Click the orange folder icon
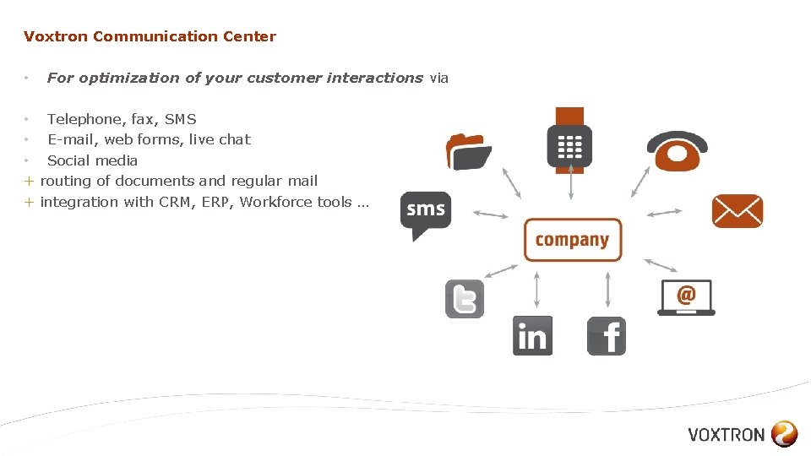tap(469, 151)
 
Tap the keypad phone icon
tap(569, 141)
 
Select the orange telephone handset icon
tap(677, 152)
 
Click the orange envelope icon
tap(737, 211)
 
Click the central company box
tap(572, 240)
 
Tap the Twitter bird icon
tap(465, 298)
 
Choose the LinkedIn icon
tap(532, 335)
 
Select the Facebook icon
tap(607, 335)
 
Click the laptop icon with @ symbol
tap(686, 297)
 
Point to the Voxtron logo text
tap(726, 435)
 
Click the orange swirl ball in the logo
tap(784, 434)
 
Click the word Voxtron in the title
tap(56, 36)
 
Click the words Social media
tap(92, 160)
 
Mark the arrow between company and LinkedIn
tap(536, 288)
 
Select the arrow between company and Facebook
tap(607, 288)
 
